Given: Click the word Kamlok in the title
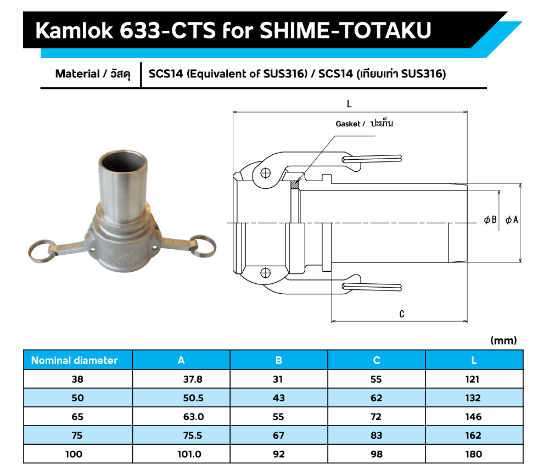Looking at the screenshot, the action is (x=74, y=30).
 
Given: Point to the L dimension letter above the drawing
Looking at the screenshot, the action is (x=349, y=104).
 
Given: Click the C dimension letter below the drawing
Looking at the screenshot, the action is (x=402, y=314).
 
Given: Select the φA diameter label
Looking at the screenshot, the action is (x=512, y=220).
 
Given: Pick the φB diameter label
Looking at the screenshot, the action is (x=490, y=220).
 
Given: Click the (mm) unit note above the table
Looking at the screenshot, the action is (x=503, y=340).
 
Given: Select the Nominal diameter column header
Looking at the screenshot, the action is (x=74, y=360).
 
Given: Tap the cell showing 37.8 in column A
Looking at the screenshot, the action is (x=193, y=379).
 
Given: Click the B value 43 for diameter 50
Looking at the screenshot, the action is (x=279, y=398).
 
